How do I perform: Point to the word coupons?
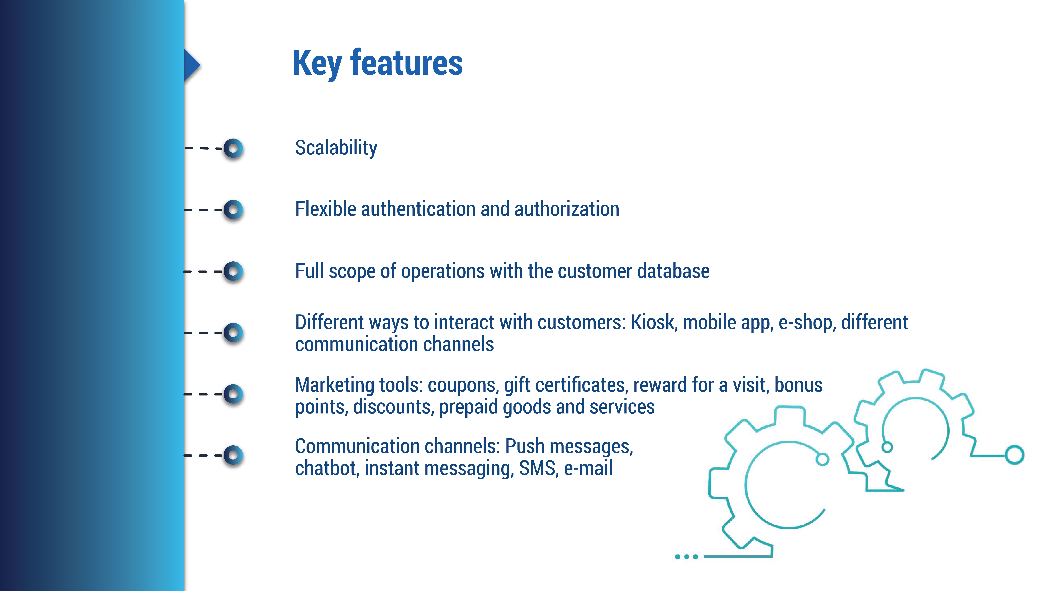[x=463, y=385]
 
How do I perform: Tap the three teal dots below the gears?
[x=686, y=556]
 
